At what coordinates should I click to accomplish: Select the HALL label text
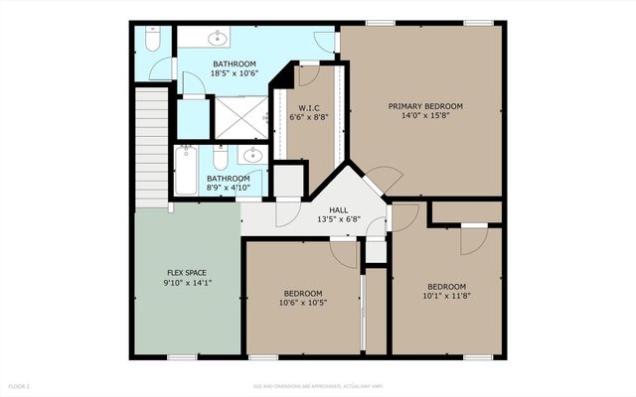point(338,209)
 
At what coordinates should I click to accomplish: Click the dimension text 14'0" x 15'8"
point(425,115)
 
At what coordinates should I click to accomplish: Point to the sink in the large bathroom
point(218,39)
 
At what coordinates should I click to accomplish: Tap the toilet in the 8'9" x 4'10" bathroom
point(219,159)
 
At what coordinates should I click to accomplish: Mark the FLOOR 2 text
point(20,385)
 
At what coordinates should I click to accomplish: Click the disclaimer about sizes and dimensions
point(318,385)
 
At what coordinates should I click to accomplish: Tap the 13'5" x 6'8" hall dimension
point(338,220)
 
